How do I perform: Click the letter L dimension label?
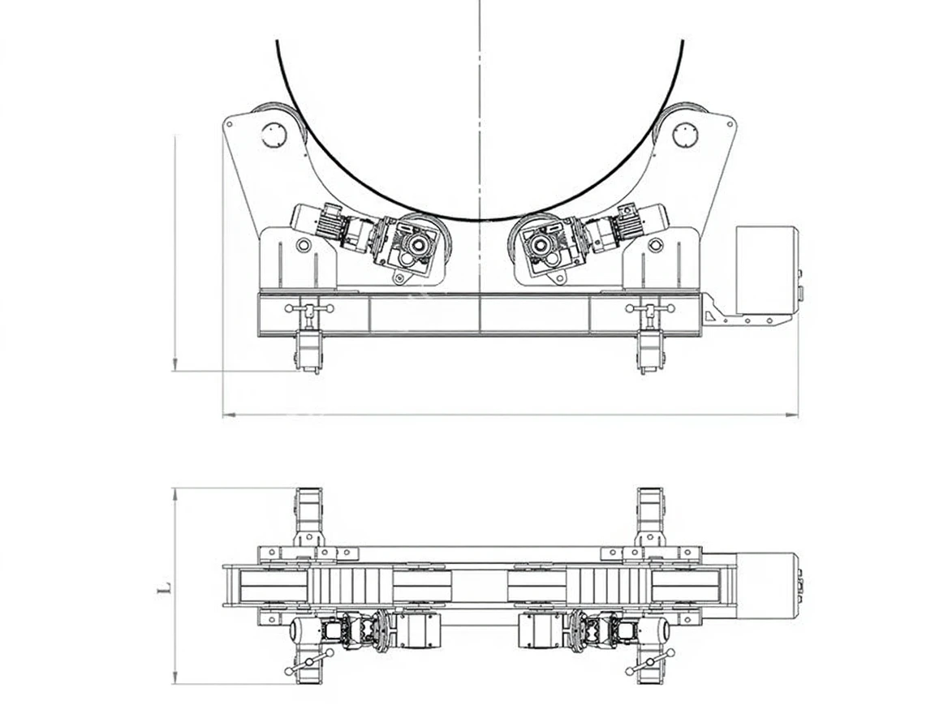[x=164, y=586]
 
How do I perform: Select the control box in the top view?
[x=768, y=587]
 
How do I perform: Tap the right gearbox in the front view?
[x=545, y=244]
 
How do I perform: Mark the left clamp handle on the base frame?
[x=309, y=309]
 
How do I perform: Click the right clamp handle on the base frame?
[x=649, y=309]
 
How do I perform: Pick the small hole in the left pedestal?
[x=304, y=245]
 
